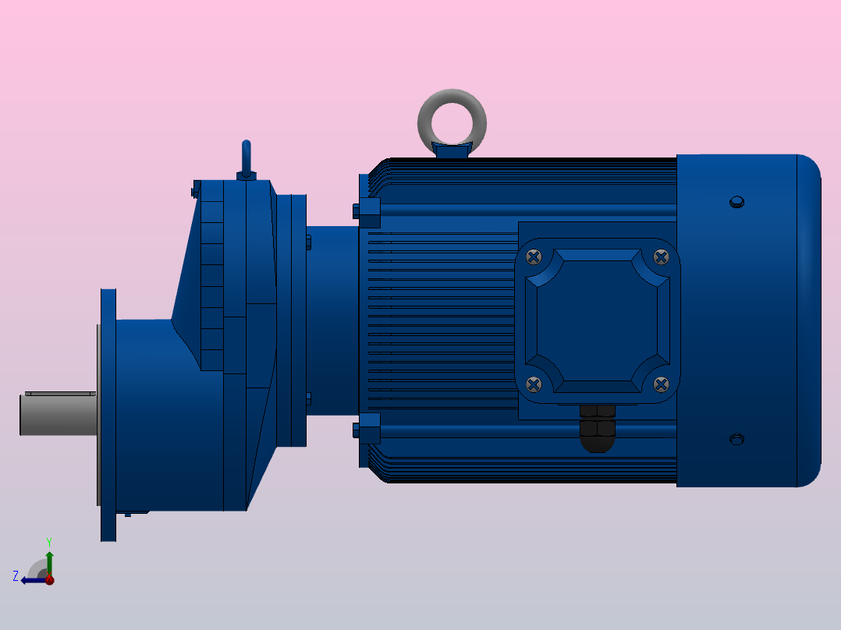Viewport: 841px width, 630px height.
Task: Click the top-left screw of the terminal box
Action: pyautogui.click(x=534, y=257)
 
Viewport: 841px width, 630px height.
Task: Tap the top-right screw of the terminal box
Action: pyautogui.click(x=661, y=257)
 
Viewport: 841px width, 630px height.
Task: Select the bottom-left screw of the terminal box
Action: pyautogui.click(x=534, y=384)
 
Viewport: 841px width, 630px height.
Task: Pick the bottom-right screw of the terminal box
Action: pyautogui.click(x=661, y=384)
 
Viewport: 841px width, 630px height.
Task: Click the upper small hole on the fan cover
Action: pyautogui.click(x=736, y=203)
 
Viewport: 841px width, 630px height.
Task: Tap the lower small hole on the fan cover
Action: pyautogui.click(x=736, y=439)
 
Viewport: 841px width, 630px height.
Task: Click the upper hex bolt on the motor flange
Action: pyautogui.click(x=367, y=211)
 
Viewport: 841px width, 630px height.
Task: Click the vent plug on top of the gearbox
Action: pyautogui.click(x=247, y=159)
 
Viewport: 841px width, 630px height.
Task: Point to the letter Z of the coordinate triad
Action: pyautogui.click(x=16, y=576)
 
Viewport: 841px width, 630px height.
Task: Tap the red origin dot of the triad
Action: pyautogui.click(x=49, y=580)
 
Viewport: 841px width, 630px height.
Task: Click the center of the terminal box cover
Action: pyautogui.click(x=598, y=320)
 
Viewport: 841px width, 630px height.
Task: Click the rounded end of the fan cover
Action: pyautogui.click(x=809, y=320)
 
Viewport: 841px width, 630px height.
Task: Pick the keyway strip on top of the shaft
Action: pyautogui.click(x=60, y=394)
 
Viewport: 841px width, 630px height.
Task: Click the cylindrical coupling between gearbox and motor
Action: pyautogui.click(x=332, y=320)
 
